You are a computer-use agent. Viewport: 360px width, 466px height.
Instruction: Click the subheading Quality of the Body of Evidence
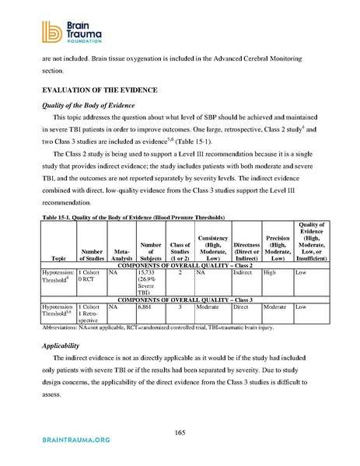pos(97,105)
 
